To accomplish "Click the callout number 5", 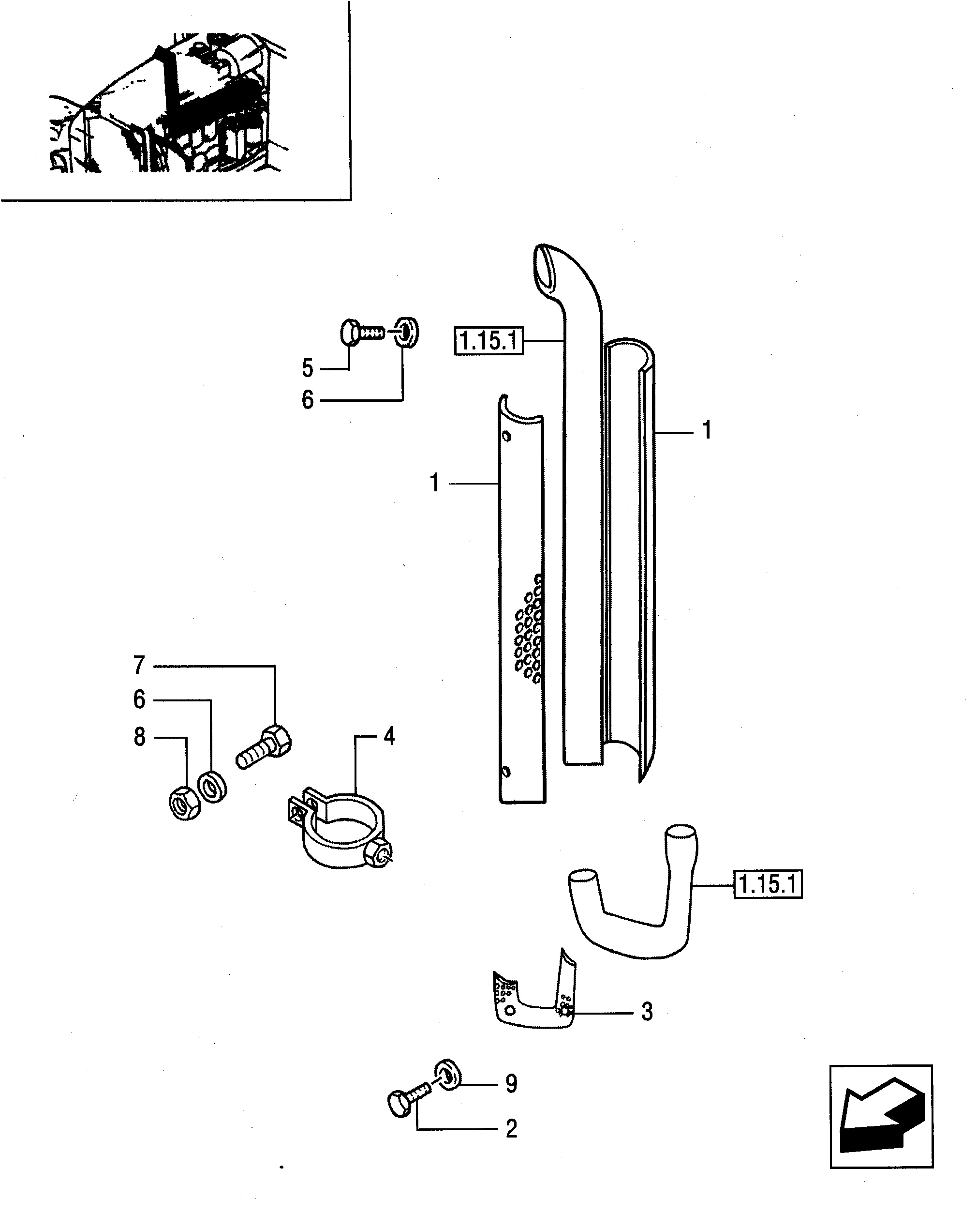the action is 307,368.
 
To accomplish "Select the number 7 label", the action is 139,665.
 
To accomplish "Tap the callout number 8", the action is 140,737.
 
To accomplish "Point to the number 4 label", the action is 389,736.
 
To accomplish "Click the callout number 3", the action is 647,1012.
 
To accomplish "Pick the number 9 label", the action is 511,1083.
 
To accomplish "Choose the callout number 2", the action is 511,1128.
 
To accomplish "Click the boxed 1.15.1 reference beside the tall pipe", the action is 488,341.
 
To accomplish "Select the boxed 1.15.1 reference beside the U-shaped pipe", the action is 768,884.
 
